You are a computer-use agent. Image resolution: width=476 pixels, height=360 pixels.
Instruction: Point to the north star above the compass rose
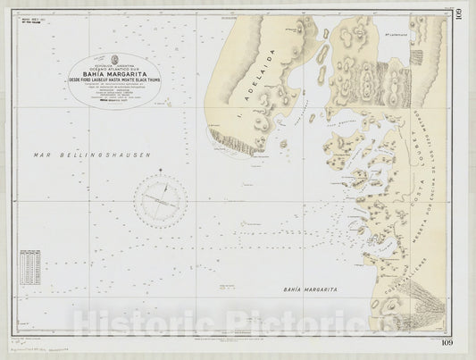pos(161,170)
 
